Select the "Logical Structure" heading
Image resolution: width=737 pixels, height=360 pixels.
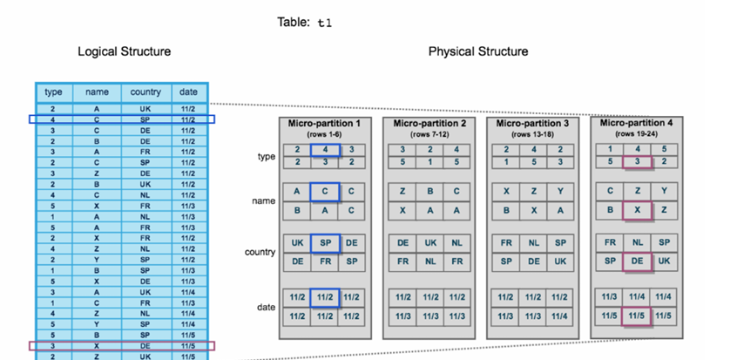(125, 51)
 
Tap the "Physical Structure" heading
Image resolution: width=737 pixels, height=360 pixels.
(477, 51)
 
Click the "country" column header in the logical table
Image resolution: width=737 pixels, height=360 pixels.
(145, 92)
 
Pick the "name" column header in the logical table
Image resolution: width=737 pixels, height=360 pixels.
(96, 92)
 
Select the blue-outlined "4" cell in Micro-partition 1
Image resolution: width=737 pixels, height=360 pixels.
(325, 150)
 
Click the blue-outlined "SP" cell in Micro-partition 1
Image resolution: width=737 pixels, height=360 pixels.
(325, 243)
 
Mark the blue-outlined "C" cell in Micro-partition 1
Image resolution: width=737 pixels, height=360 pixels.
(325, 192)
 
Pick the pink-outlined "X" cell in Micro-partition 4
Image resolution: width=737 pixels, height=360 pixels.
(637, 210)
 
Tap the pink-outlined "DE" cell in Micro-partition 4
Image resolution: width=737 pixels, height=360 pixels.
(637, 262)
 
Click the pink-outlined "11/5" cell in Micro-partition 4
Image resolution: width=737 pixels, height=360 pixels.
(637, 316)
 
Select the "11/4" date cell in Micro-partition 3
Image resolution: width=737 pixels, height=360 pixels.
(560, 316)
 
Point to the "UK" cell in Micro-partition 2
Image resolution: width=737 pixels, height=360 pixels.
(429, 243)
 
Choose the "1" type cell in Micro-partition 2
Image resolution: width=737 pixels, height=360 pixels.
(429, 162)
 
